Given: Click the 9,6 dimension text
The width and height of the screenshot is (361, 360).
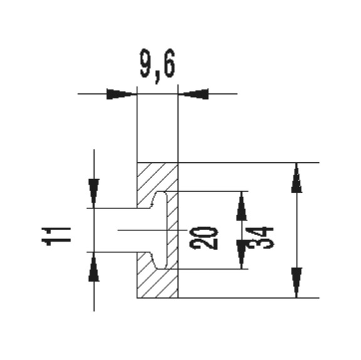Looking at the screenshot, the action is [157, 65].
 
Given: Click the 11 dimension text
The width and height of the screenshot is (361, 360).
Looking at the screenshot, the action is [56, 237].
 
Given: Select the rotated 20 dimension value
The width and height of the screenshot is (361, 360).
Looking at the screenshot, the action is [203, 238].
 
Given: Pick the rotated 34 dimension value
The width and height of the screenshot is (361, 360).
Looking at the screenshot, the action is [259, 238].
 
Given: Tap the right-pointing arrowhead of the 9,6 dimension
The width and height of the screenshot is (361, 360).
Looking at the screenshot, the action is [120, 94].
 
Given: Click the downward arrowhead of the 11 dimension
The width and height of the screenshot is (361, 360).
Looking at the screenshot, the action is [94, 193].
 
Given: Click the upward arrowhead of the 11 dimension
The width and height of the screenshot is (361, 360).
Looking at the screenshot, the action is [94, 267].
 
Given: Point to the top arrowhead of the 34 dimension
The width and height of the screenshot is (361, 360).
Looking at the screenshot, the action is [296, 178].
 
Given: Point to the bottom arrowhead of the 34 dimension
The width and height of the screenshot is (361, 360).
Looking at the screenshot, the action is [296, 283].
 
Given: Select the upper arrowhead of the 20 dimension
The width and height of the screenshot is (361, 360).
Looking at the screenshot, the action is [241, 206].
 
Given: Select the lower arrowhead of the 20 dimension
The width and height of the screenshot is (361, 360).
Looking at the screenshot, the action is [241, 254].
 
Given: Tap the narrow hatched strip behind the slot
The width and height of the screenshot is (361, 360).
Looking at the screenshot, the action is [172, 230].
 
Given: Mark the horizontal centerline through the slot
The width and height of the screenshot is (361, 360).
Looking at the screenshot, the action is [152, 230].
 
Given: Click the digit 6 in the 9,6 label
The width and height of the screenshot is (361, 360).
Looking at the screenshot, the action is [169, 63].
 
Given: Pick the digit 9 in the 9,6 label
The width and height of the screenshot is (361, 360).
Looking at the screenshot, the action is [146, 63].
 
